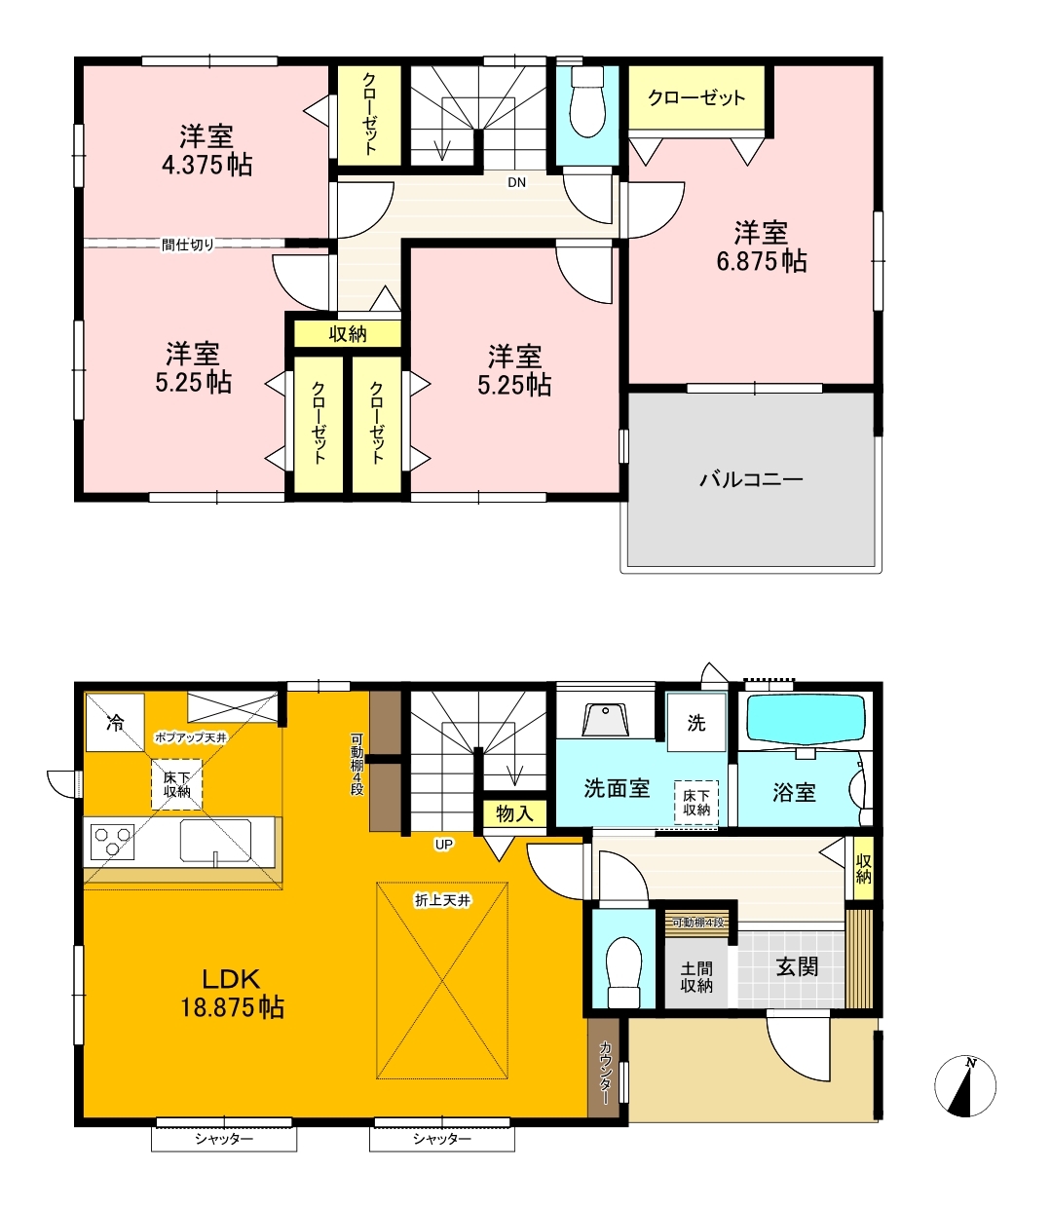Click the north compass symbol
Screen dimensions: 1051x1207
tap(965, 1086)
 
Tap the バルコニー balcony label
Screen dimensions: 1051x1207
tap(751, 479)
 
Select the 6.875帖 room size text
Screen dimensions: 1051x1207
tap(762, 261)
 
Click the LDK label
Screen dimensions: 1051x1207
tap(231, 979)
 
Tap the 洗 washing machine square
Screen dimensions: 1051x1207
tap(696, 722)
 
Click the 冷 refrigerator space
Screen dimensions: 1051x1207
tap(115, 722)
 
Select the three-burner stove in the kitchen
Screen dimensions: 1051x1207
tap(112, 842)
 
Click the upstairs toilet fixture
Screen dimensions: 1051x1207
tap(587, 101)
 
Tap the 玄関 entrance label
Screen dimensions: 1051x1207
tap(797, 967)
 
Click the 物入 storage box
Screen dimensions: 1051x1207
tap(514, 814)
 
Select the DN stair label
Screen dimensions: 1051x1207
tap(516, 182)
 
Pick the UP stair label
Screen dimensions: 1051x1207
tap(443, 845)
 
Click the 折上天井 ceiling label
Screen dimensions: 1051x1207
tap(442, 900)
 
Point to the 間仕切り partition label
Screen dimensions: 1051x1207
tap(188, 245)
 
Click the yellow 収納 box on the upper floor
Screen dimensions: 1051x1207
tap(348, 334)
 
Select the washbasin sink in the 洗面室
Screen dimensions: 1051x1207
tap(605, 720)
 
